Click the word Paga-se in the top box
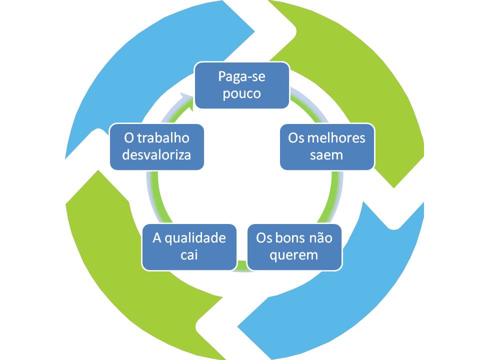pos(241,77)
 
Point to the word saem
pos(326,154)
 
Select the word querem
pos(294,254)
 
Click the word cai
pos(189,254)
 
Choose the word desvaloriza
pos(156,154)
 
